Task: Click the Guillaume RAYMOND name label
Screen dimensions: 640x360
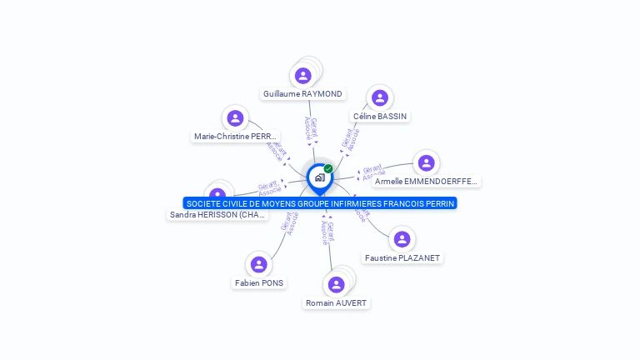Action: (302, 94)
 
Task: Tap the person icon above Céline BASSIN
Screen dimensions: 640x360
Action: (380, 97)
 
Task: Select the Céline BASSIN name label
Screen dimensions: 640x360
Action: (380, 117)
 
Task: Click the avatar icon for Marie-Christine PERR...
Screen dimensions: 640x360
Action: (235, 118)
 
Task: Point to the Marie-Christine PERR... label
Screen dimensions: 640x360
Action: (236, 136)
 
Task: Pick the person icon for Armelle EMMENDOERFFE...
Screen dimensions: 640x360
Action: (426, 162)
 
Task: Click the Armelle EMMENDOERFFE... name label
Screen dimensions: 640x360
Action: (426, 181)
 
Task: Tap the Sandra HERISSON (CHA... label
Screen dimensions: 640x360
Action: (218, 215)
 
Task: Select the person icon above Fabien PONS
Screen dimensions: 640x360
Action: (259, 265)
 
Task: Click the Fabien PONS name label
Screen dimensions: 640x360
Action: (259, 283)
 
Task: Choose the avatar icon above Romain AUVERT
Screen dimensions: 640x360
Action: (336, 284)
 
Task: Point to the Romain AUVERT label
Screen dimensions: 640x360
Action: (336, 302)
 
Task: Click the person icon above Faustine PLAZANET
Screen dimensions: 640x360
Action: (402, 239)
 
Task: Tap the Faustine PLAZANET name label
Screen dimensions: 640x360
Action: (402, 258)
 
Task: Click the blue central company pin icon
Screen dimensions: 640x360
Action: (319, 177)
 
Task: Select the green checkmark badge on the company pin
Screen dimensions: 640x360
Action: (328, 168)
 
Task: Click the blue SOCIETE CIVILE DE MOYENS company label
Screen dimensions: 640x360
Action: (320, 203)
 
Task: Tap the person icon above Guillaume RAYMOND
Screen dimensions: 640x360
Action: (302, 76)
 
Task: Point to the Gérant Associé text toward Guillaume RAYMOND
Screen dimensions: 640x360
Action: (311, 131)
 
